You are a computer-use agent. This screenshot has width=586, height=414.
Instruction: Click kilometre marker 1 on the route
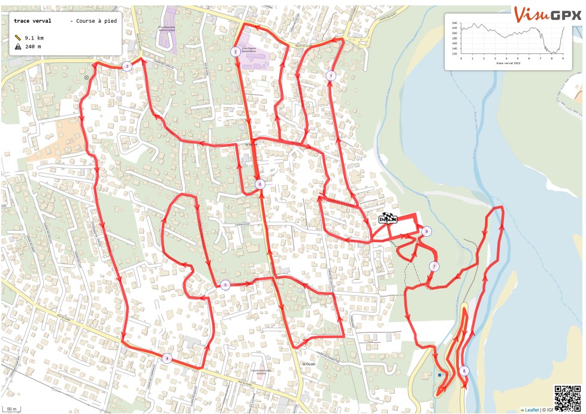[x=330, y=75]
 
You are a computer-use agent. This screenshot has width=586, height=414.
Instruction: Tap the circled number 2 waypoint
[x=236, y=52]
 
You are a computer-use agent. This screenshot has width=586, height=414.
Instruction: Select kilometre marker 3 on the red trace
[x=126, y=67]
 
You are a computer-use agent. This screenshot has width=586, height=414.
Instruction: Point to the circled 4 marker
[x=167, y=358]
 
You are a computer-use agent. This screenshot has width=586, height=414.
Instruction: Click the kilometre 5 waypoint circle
[x=225, y=285]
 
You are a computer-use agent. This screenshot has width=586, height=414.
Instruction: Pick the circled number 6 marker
[x=259, y=184]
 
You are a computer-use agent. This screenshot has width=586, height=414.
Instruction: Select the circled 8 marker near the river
[x=464, y=371]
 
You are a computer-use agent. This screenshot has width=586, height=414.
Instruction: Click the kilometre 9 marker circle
[x=426, y=231]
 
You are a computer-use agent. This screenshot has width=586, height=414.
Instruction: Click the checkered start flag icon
[x=388, y=219]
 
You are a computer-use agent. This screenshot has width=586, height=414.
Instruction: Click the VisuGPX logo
[x=548, y=13]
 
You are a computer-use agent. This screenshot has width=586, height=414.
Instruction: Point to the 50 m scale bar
[x=11, y=409]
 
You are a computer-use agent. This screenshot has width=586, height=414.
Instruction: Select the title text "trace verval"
[x=32, y=21]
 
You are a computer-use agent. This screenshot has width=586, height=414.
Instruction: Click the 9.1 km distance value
[x=33, y=38]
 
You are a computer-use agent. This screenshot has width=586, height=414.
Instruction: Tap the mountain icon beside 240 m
[x=18, y=47]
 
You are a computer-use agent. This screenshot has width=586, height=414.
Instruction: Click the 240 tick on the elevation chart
[x=454, y=23]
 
